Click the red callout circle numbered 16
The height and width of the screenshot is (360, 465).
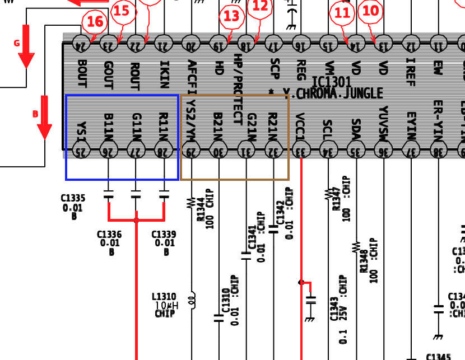pos(95,22)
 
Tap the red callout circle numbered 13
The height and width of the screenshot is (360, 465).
pos(231,17)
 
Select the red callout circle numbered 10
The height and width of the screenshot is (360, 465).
pos(370,11)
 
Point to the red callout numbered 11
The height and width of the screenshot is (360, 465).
pos(342,12)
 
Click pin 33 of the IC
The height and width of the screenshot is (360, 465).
pos(301,149)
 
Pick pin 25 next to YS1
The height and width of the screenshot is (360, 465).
pos(81,149)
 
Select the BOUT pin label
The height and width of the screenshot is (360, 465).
pos(82,73)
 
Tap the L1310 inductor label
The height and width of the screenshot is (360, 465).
pos(164,297)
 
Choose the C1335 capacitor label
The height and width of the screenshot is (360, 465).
pos(73,198)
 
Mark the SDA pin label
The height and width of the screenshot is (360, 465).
pos(355,128)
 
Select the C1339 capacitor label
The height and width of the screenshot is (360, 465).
pos(164,235)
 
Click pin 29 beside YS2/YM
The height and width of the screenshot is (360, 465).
pos(191,149)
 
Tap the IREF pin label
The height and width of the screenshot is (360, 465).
pos(411,72)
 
